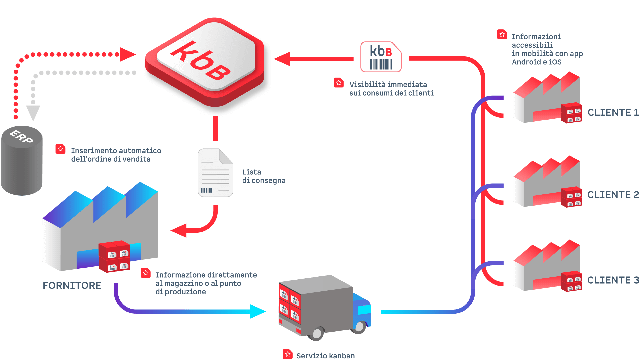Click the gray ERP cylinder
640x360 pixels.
(22, 162)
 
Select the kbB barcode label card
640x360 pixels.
(381, 57)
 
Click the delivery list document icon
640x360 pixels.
(215, 173)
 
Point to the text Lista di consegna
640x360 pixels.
(263, 176)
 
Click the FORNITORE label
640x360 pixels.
(72, 285)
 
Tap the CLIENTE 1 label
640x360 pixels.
(613, 112)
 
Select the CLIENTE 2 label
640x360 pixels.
(613, 195)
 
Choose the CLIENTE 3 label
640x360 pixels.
(613, 280)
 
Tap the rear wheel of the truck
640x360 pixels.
(317, 333)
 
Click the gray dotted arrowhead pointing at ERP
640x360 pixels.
(33, 113)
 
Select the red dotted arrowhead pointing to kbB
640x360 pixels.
(127, 54)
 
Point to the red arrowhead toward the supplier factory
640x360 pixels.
(179, 230)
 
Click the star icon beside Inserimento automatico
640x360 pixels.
(60, 149)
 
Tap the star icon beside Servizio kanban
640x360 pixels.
(288, 354)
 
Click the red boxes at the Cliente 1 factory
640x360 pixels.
(571, 113)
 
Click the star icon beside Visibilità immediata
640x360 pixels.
(339, 83)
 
